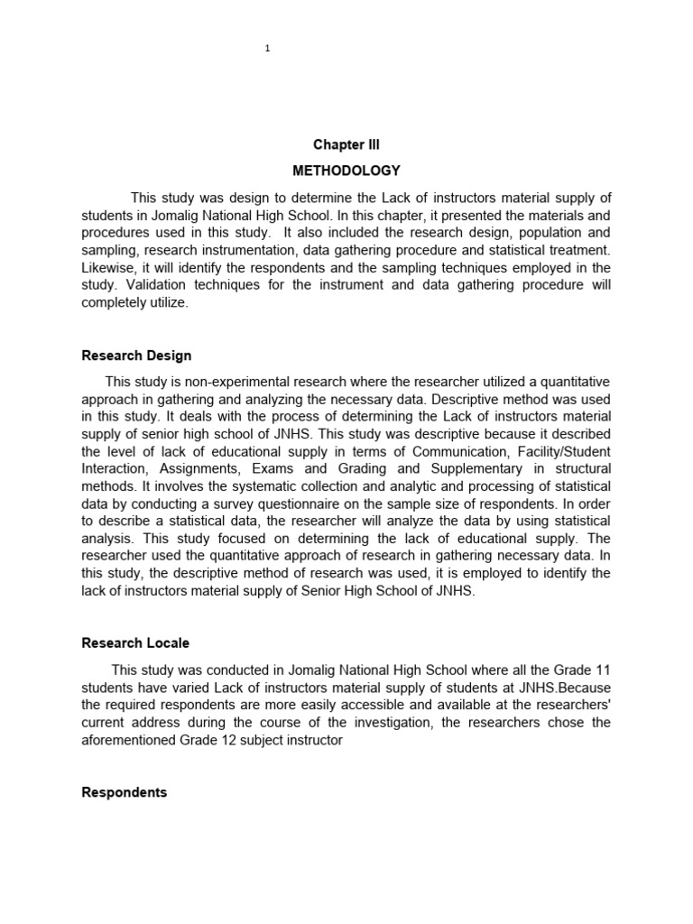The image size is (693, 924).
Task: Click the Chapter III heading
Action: (x=346, y=144)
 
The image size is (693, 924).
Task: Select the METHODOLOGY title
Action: (x=346, y=171)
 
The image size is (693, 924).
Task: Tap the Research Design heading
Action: (x=136, y=356)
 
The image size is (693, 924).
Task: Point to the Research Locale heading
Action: (x=135, y=643)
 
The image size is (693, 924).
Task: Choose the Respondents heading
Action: (x=125, y=792)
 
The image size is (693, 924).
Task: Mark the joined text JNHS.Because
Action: (x=562, y=688)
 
